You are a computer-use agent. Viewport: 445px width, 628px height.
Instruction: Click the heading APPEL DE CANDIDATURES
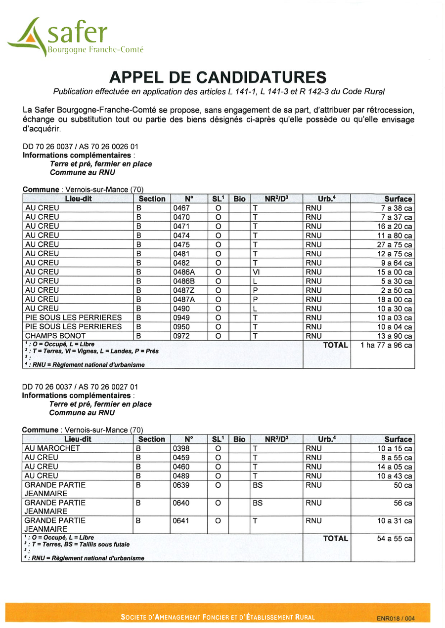(218, 78)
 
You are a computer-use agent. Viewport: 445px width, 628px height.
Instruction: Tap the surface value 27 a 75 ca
(395, 245)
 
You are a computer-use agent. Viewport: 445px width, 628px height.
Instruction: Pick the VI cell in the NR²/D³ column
(256, 272)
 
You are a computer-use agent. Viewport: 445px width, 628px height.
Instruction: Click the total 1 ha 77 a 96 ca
(386, 346)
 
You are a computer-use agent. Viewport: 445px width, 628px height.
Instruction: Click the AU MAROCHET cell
(52, 449)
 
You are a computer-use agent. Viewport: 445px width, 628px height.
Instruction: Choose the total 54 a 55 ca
(394, 539)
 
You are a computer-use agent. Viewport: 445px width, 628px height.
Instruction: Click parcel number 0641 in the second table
(181, 521)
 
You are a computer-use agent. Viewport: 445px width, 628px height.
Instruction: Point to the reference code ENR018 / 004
(396, 618)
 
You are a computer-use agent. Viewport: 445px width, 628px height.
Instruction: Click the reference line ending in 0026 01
(81, 147)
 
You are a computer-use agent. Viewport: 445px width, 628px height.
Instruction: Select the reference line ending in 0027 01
(80, 387)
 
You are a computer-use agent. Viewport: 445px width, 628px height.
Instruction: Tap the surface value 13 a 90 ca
(395, 336)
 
